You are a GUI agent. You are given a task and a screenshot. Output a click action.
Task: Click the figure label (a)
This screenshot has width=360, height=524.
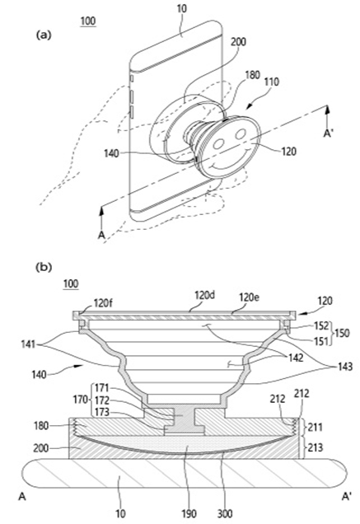[44, 35]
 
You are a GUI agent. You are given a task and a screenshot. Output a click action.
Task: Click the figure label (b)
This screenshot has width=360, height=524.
[44, 267]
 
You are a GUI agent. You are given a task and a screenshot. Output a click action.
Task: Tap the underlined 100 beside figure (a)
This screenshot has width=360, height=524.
[88, 21]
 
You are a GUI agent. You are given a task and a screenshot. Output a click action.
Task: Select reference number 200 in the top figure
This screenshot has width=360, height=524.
[238, 42]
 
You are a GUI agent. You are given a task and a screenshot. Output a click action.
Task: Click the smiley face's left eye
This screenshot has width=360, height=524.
[218, 144]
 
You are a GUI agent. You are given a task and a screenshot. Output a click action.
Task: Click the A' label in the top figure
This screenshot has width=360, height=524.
[328, 133]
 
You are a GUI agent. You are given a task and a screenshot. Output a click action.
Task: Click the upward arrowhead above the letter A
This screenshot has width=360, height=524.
[101, 211]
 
